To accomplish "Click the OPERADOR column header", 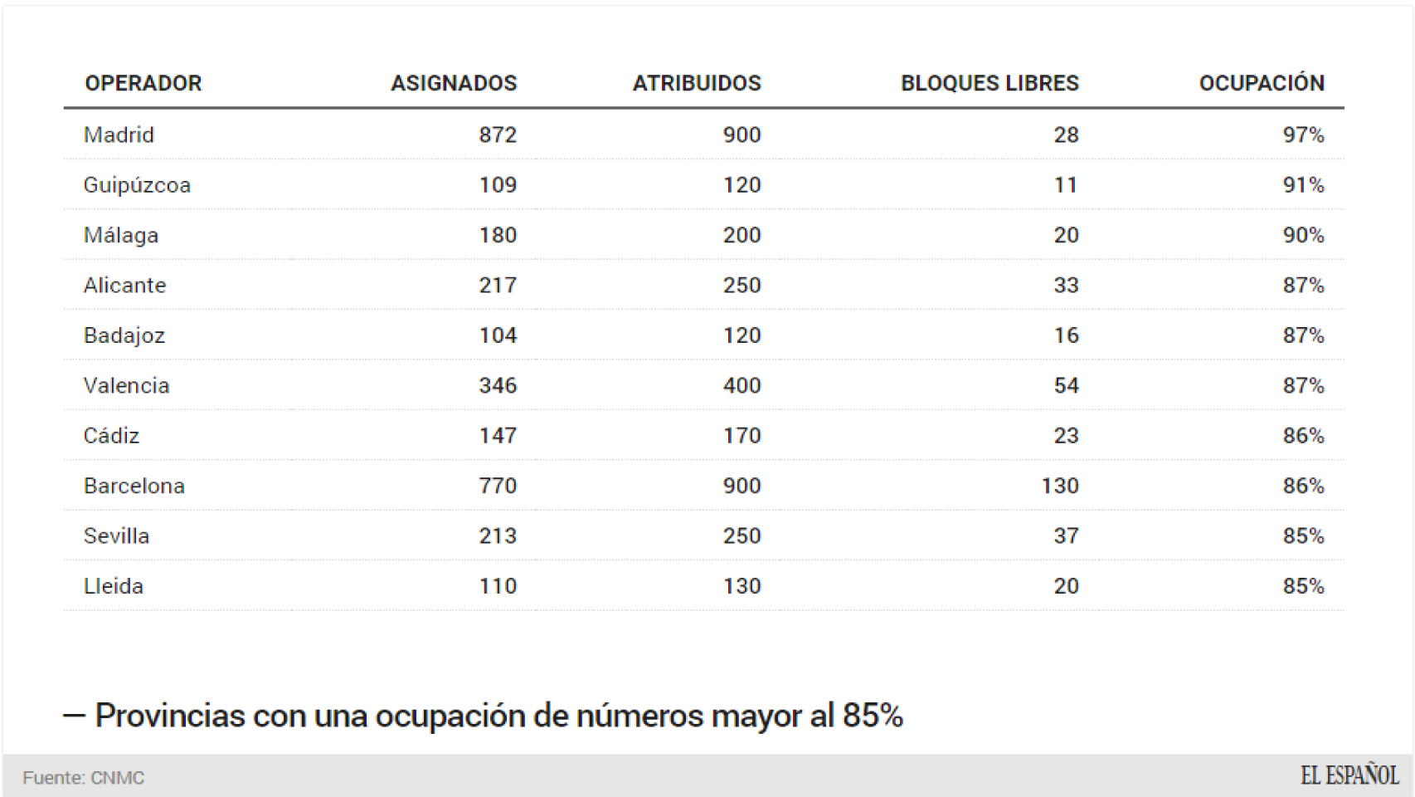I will (143, 83).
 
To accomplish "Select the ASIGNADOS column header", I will (454, 83).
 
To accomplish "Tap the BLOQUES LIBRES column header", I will (990, 83).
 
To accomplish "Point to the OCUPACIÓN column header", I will (1262, 83).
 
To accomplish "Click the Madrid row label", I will (119, 134).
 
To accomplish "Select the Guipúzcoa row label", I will (137, 184).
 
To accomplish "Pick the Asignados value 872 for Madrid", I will (498, 134).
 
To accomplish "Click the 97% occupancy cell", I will (1303, 134).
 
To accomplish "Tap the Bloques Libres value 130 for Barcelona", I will (1060, 486).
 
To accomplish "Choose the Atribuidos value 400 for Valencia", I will (742, 385).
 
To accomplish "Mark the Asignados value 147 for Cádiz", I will (498, 436).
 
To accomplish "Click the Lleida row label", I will (114, 586).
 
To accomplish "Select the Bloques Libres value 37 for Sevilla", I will (1066, 535).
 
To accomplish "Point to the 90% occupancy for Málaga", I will (1303, 235).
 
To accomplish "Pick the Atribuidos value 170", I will (742, 436).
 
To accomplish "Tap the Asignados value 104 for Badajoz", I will (498, 335).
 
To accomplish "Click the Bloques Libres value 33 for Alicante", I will (1066, 285).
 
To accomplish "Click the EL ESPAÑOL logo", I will (1349, 776).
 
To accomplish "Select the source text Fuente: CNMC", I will (84, 778).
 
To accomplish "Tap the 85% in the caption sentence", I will (873, 716).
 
